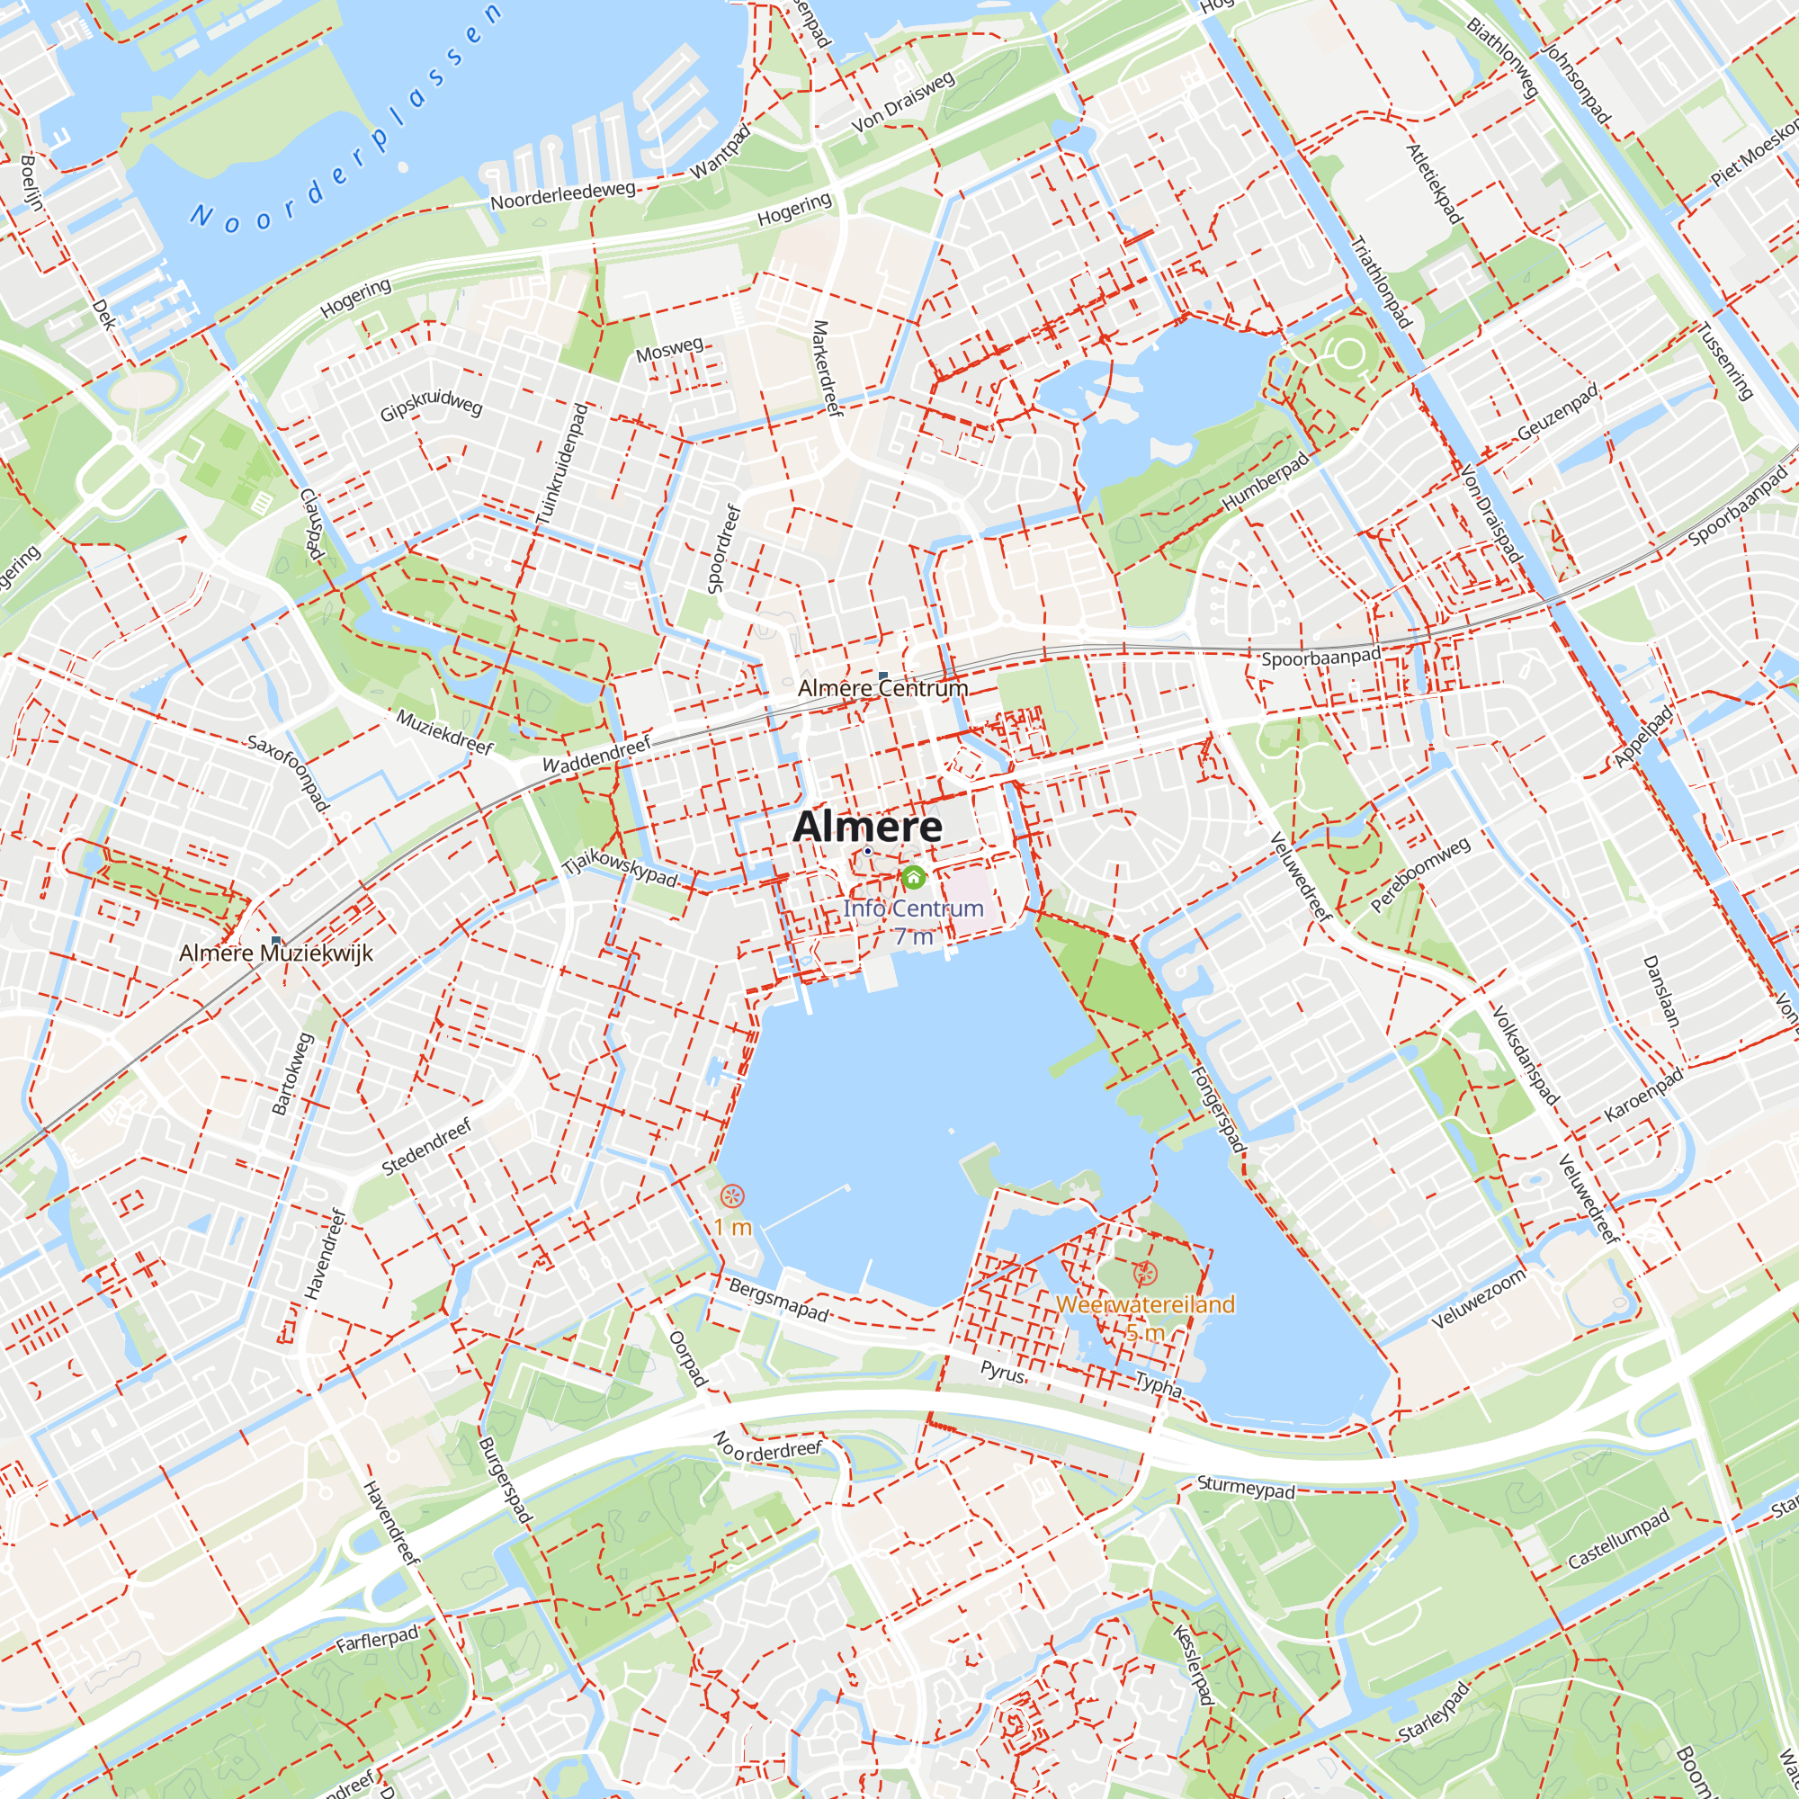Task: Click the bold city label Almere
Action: [x=867, y=827]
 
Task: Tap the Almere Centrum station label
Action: [x=882, y=688]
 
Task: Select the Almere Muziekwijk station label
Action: [x=275, y=953]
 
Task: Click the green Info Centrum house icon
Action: [x=914, y=877]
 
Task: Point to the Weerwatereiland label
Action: [x=1145, y=1304]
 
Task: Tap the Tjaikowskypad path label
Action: [x=620, y=869]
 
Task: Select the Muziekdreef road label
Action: [x=445, y=731]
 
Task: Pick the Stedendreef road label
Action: [x=427, y=1147]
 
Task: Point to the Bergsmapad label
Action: [x=778, y=1299]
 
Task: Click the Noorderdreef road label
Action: [x=768, y=1449]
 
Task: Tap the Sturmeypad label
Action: [x=1246, y=1487]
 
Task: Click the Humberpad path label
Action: [x=1266, y=480]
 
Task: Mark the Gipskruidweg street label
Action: [x=431, y=404]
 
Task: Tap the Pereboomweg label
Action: [x=1421, y=873]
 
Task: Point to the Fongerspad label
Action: [x=1218, y=1108]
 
